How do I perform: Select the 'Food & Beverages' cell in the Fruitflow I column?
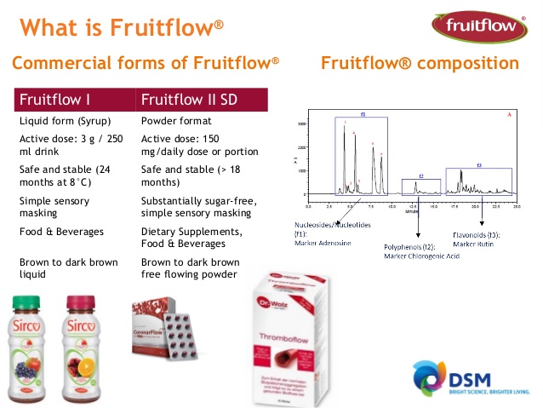(x=62, y=230)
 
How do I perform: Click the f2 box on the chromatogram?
(x=420, y=186)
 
